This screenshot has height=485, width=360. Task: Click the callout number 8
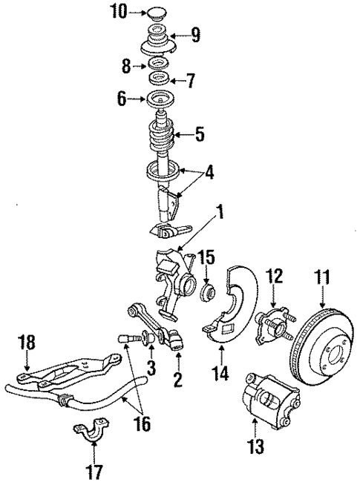[125, 66]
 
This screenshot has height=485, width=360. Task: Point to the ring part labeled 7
[158, 79]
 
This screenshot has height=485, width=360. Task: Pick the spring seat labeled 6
[159, 99]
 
